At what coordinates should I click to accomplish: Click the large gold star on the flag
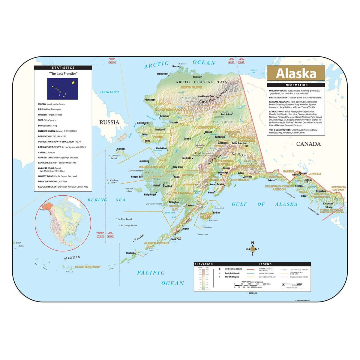(x=73, y=82)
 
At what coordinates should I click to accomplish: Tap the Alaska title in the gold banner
(x=296, y=74)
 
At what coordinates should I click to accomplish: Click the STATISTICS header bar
(x=63, y=68)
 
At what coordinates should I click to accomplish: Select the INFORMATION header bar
(x=296, y=85)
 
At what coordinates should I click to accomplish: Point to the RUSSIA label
(x=109, y=122)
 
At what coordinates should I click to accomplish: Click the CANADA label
(x=308, y=144)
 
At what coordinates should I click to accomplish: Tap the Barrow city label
(x=176, y=66)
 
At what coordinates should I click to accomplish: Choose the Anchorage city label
(x=223, y=173)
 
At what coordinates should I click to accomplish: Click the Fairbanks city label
(x=220, y=137)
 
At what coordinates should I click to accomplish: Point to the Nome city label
(x=148, y=141)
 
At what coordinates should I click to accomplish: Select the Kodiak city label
(x=216, y=213)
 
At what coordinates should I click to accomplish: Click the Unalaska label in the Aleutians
(x=131, y=253)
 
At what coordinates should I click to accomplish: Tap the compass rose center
(x=253, y=249)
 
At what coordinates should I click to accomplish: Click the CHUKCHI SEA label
(x=110, y=92)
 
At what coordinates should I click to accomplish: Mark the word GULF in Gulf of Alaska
(x=239, y=204)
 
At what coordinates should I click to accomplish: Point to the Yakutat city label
(x=271, y=180)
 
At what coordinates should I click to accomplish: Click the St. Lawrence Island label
(x=114, y=157)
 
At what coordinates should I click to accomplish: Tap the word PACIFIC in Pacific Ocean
(x=151, y=273)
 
